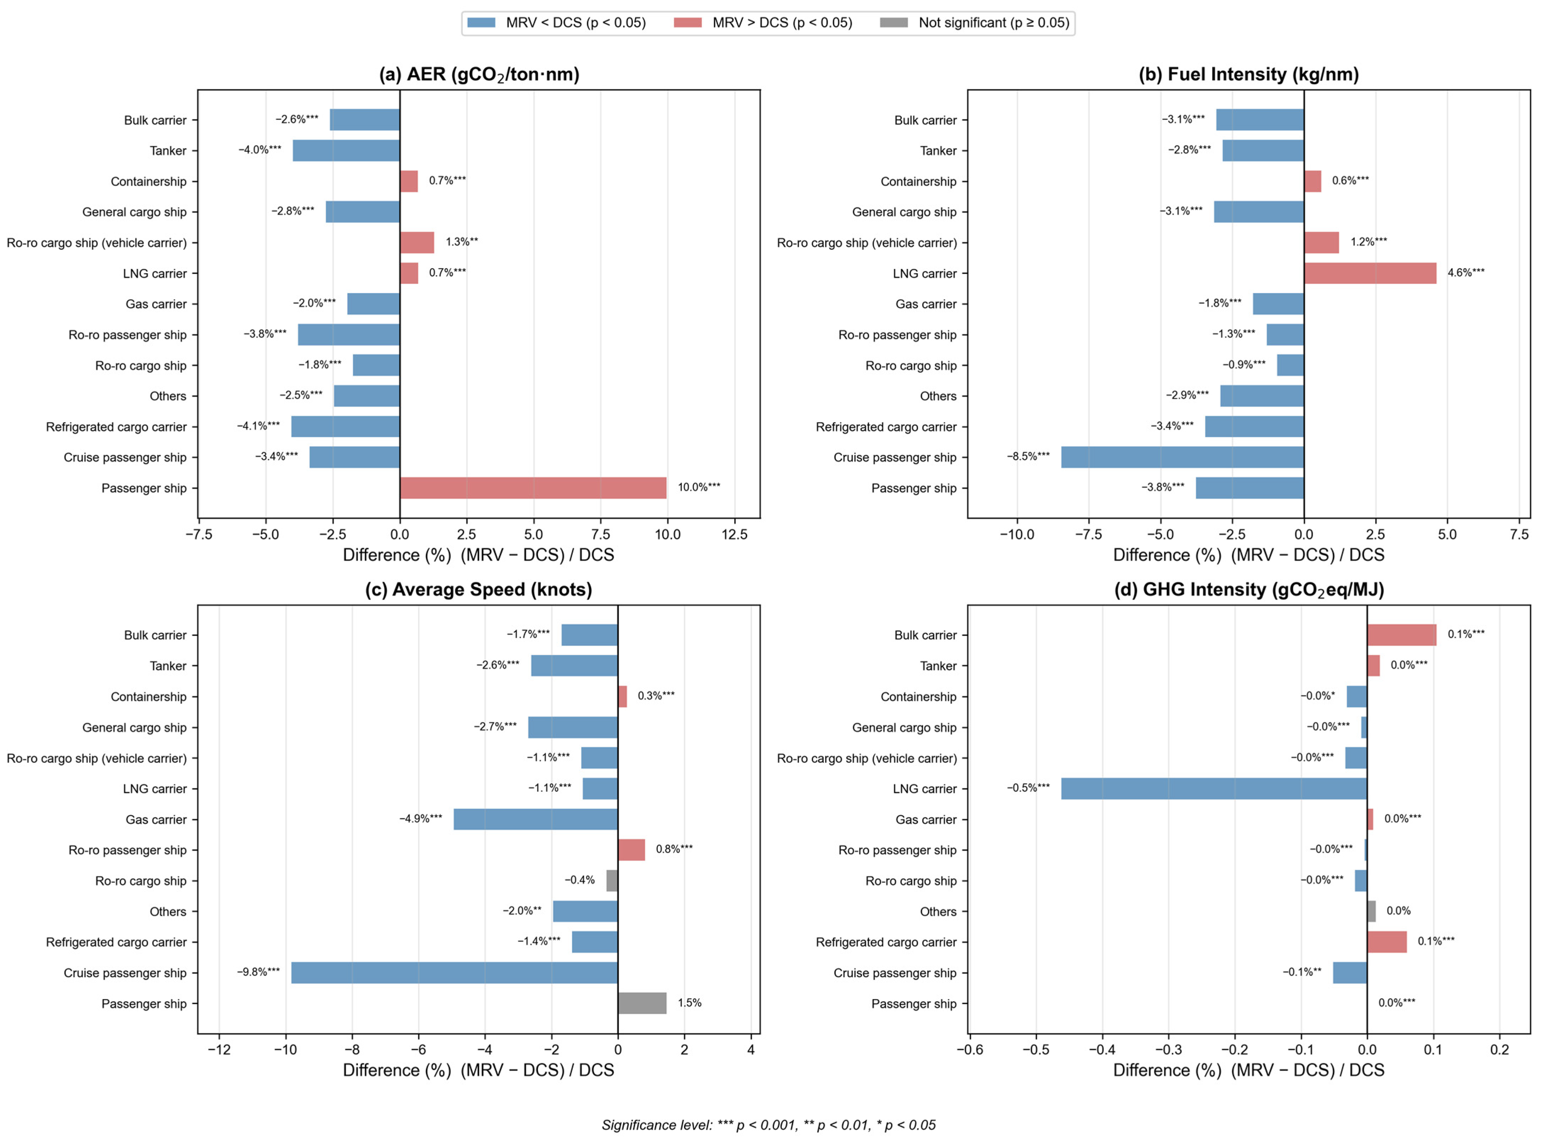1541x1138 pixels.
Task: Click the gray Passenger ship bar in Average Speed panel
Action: click(642, 1003)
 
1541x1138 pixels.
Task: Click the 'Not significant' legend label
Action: click(994, 23)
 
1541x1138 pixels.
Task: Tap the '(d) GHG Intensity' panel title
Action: click(1249, 590)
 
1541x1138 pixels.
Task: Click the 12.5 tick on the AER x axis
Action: click(735, 535)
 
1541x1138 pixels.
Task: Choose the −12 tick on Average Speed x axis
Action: click(219, 1050)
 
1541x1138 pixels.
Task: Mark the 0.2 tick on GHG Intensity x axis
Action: click(1500, 1050)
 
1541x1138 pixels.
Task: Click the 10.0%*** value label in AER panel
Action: click(699, 487)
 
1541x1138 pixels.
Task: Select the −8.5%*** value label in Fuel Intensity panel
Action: click(1028, 456)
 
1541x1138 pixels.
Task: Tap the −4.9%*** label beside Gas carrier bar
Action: click(420, 818)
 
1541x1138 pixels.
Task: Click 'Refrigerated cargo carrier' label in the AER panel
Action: click(117, 427)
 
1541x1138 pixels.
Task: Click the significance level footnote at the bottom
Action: click(768, 1125)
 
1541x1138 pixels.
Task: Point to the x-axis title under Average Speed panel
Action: click(478, 1070)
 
